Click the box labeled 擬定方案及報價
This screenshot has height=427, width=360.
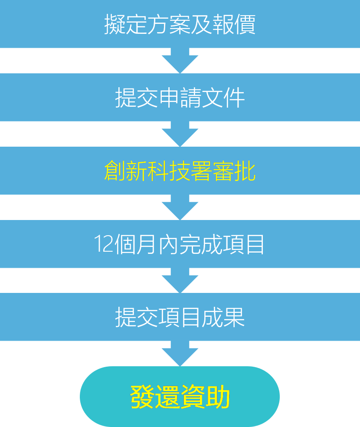click(x=180, y=24)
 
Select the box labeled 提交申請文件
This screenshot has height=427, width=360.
click(x=180, y=98)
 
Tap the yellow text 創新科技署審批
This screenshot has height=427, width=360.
click(x=180, y=171)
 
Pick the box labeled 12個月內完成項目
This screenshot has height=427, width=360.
click(x=180, y=244)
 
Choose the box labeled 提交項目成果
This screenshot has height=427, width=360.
click(x=180, y=318)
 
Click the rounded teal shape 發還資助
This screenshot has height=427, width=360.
click(x=180, y=397)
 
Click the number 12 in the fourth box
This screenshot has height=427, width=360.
click(x=104, y=245)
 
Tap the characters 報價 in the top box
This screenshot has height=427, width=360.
click(x=234, y=24)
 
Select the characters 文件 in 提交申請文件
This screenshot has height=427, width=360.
click(x=223, y=98)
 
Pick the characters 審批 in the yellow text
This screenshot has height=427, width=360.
click(x=234, y=172)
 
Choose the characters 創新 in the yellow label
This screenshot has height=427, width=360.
click(x=125, y=172)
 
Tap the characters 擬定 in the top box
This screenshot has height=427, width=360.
click(x=125, y=24)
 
